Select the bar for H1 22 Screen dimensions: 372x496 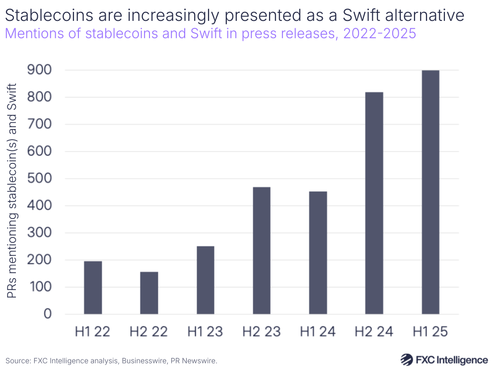tap(93, 288)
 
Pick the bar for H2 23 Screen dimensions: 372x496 tap(262, 250)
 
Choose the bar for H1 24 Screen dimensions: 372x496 tap(318, 253)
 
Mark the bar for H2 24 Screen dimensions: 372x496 tap(374, 203)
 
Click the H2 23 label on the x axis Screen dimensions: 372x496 tap(262, 332)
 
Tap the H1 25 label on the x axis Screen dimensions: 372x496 tap(430, 332)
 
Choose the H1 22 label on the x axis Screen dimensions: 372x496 tap(93, 332)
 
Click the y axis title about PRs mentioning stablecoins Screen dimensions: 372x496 tap(12, 191)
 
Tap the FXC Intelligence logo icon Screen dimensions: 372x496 tap(407, 360)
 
